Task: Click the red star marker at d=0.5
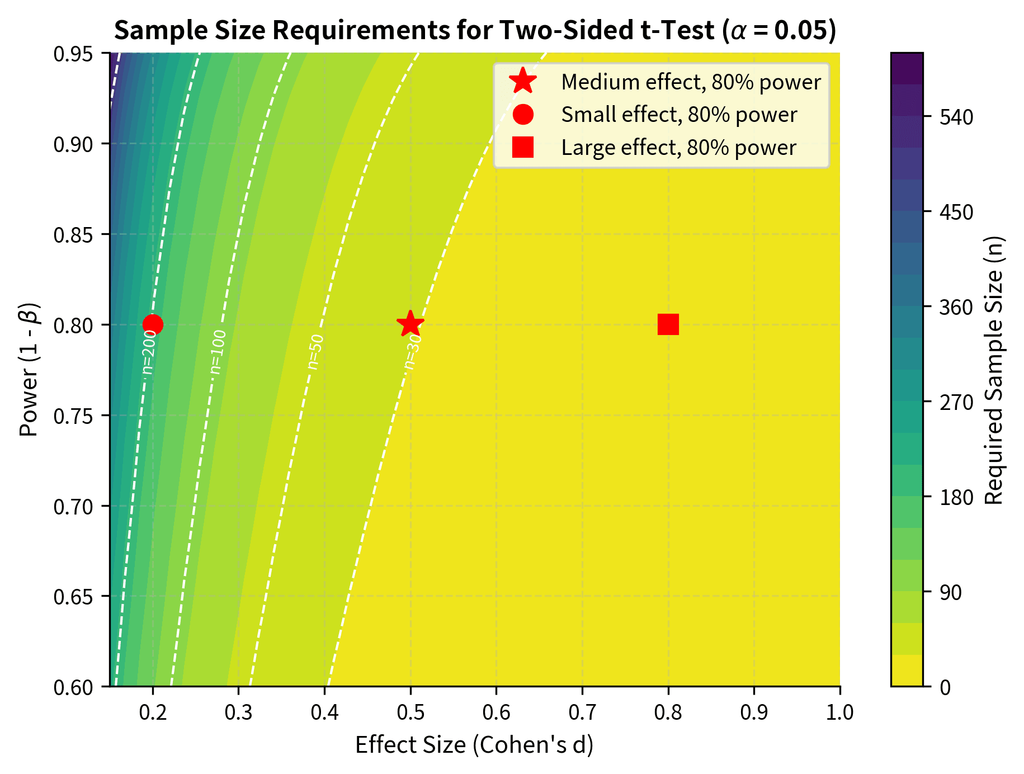[x=410, y=324]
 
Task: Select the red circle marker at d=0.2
[x=153, y=324]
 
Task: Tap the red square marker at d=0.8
[x=668, y=324]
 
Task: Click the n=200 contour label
[x=148, y=352]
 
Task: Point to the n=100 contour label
[x=218, y=352]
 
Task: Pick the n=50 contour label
[x=315, y=352]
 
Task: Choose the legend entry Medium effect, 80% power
[x=690, y=82]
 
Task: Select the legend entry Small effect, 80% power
[x=678, y=115]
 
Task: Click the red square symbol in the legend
[x=522, y=148]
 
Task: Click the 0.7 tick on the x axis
[x=582, y=712]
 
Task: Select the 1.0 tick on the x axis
[x=839, y=712]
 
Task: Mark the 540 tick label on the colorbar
[x=957, y=117]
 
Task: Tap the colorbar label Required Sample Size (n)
[x=993, y=370]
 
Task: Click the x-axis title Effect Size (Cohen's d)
[x=474, y=745]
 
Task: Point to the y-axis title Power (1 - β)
[x=29, y=370]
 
